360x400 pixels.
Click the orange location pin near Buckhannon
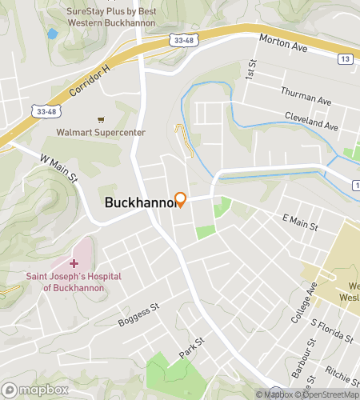(x=181, y=199)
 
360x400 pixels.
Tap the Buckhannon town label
(x=139, y=203)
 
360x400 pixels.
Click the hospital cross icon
(x=74, y=263)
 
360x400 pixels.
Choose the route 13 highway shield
(x=345, y=58)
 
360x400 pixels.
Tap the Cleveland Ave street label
(x=312, y=122)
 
